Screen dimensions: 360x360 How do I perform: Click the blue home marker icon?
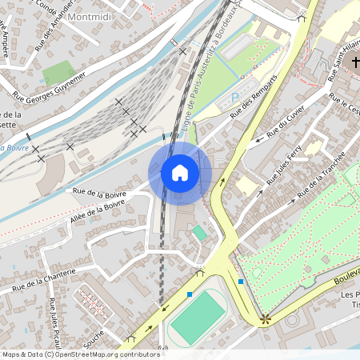(x=180, y=173)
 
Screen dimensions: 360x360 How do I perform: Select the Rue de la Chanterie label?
(x=43, y=278)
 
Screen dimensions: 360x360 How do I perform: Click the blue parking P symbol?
(x=234, y=98)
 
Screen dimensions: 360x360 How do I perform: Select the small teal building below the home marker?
(x=199, y=232)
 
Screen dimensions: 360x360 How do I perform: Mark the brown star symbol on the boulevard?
(x=265, y=319)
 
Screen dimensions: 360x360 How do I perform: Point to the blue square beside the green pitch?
(x=190, y=295)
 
